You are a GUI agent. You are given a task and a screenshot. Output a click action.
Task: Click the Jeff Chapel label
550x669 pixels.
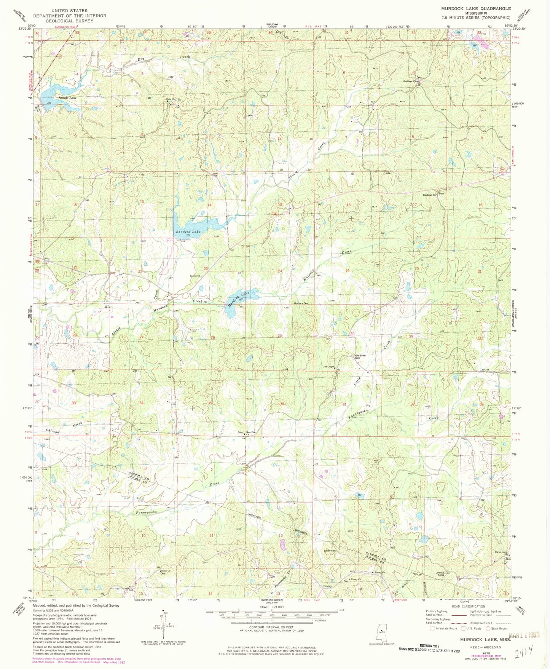(x=329, y=367)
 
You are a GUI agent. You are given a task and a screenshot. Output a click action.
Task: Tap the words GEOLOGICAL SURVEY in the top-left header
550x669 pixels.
(x=69, y=21)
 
